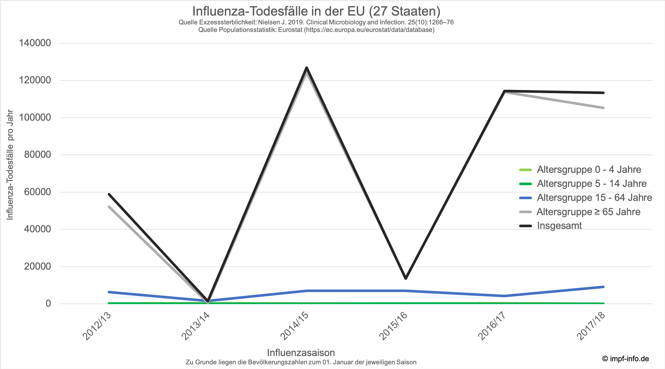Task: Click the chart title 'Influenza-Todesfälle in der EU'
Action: click(316, 11)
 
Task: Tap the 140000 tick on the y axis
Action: click(35, 43)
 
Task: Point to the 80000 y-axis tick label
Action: click(37, 155)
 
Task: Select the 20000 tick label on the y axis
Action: click(37, 266)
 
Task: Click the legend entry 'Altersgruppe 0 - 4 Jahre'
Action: click(589, 170)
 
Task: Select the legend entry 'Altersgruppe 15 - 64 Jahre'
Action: click(594, 198)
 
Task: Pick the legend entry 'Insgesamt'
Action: click(559, 226)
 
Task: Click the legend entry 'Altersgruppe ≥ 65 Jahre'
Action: click(588, 212)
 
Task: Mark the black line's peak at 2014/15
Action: click(307, 68)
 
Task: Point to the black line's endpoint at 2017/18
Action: click(603, 93)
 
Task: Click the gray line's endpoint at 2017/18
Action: click(603, 108)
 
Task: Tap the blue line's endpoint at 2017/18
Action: click(603, 287)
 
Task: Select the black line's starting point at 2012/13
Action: click(109, 194)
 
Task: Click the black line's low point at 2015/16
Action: click(406, 278)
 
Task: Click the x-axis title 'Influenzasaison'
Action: click(301, 353)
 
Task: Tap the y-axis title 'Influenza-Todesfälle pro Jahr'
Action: click(10, 165)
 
